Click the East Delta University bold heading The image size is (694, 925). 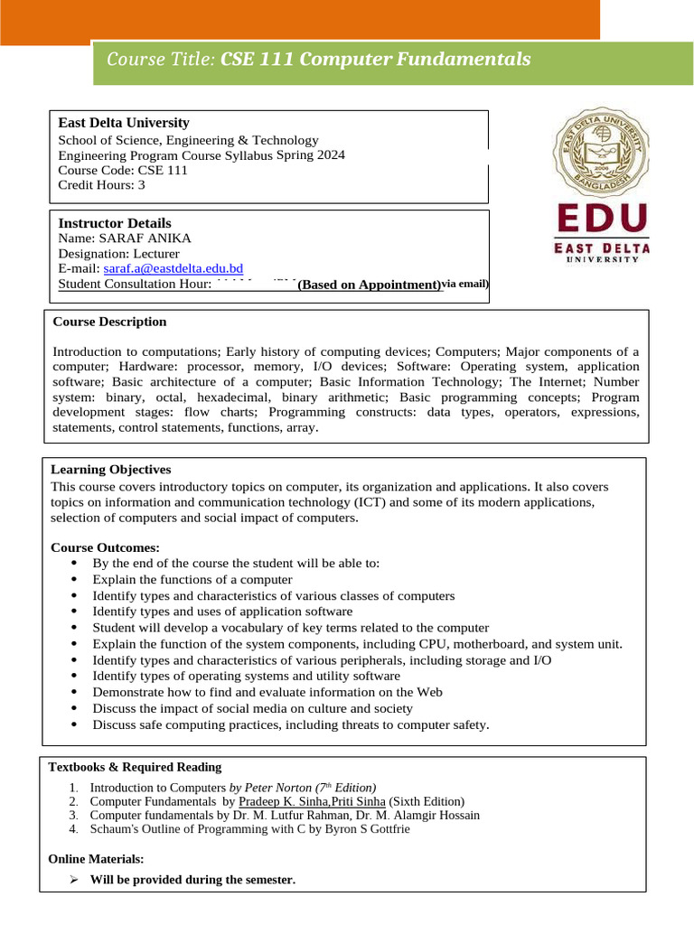(124, 123)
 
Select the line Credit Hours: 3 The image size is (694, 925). (101, 185)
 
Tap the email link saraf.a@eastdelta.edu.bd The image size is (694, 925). (173, 269)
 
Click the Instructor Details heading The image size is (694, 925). (115, 223)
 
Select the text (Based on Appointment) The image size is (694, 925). (369, 285)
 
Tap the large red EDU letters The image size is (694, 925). (603, 219)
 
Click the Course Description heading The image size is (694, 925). (109, 322)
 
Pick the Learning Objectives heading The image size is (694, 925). (110, 470)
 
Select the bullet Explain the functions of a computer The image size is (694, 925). (192, 579)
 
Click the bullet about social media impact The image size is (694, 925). (252, 709)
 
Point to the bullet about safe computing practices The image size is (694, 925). (290, 724)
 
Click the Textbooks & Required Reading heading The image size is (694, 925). (135, 767)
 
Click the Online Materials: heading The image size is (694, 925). (96, 859)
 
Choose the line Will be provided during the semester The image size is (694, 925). (192, 880)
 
